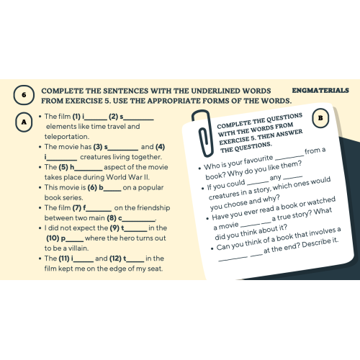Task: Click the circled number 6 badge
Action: coord(24,95)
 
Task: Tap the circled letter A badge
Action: coord(24,122)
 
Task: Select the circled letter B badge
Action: coord(320,118)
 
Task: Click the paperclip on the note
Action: coord(203,133)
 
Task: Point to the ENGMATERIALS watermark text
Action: coord(320,91)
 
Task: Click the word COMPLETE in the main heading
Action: coord(62,91)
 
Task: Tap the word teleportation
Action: coord(67,137)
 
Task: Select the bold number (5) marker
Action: coord(63,167)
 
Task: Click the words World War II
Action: coord(127,177)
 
